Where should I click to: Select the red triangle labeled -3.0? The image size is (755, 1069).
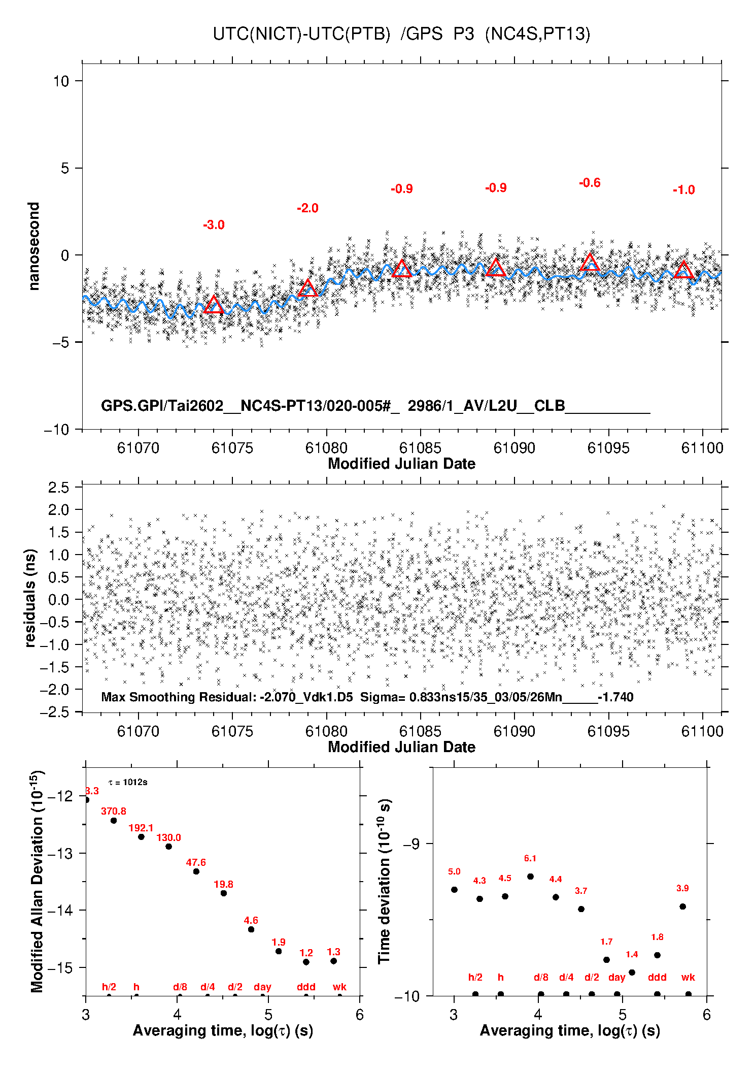tap(214, 305)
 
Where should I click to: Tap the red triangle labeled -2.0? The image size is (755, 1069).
tap(307, 288)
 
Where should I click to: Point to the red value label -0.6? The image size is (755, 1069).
tap(590, 183)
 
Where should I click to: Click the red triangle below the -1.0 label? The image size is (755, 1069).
tap(684, 270)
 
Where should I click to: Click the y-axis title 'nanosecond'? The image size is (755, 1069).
tap(33, 246)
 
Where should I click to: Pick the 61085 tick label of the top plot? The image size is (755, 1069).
tap(420, 448)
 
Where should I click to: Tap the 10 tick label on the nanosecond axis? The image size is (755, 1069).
tap(61, 81)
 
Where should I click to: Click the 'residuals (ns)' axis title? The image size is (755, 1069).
tap(30, 598)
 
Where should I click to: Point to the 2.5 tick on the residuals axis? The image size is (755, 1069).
tap(58, 488)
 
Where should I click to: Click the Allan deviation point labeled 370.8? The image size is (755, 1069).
tap(114, 821)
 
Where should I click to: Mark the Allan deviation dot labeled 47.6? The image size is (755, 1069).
tap(196, 871)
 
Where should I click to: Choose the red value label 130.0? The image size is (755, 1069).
tap(168, 837)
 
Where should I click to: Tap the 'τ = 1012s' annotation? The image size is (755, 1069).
tap(128, 782)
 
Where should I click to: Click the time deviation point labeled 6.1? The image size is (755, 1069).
tap(530, 877)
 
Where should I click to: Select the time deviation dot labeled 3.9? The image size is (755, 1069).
tap(682, 906)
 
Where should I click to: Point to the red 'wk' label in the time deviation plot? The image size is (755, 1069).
tap(688, 977)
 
